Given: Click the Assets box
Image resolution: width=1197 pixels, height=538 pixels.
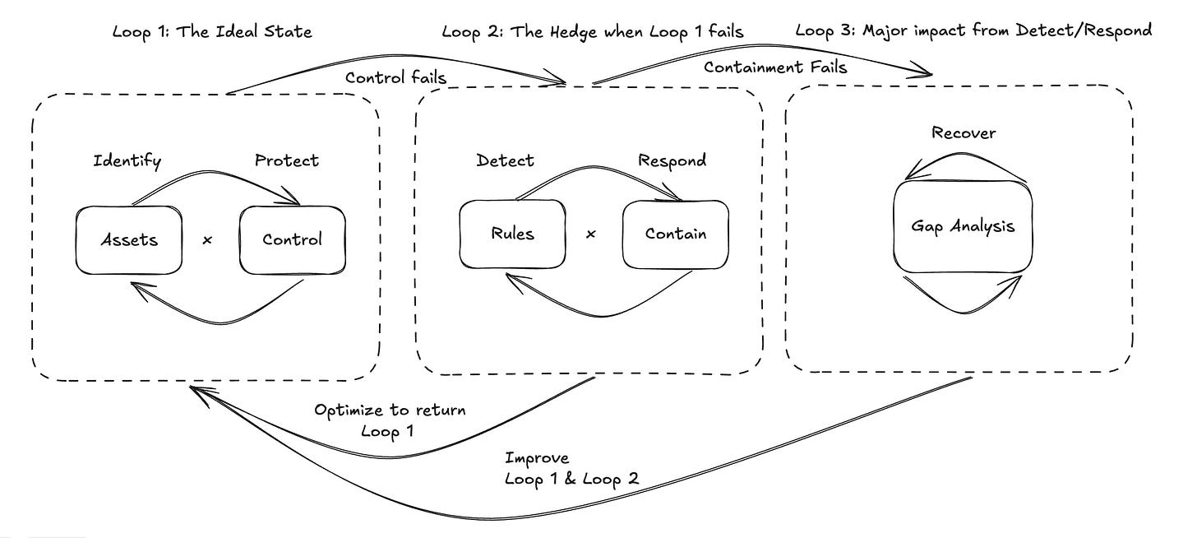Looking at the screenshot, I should [x=129, y=240].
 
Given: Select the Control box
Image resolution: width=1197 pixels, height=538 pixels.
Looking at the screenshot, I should [x=292, y=240].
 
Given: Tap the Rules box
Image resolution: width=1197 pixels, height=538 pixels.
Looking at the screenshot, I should [x=512, y=234].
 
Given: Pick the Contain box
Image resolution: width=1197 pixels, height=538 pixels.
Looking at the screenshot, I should [x=675, y=234].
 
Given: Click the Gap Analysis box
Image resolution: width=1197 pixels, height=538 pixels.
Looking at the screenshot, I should [x=962, y=226].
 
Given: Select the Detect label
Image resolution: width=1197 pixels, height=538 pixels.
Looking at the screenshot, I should [x=505, y=160].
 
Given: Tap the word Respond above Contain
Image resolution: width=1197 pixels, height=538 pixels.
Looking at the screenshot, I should [x=672, y=160].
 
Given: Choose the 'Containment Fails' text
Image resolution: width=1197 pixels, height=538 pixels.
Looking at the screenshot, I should [x=775, y=67].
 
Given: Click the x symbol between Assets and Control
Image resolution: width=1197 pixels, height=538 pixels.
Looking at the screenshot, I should [x=207, y=240].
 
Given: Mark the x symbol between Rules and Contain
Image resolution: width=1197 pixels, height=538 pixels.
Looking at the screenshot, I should [x=590, y=234].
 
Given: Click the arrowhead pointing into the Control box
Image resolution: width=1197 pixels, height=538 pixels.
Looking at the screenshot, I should [x=293, y=200].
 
